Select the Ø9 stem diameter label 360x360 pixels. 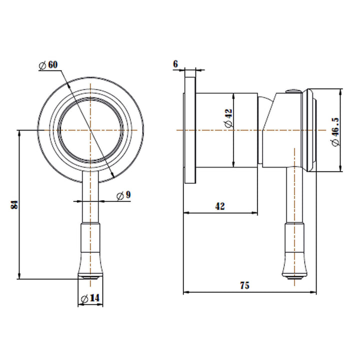[x=123, y=195]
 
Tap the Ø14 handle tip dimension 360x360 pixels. [x=90, y=298]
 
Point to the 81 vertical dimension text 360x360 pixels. [x=14, y=204]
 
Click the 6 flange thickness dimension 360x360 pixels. [x=175, y=64]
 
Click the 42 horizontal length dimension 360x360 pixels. [x=219, y=206]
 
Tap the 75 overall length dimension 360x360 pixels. [x=244, y=285]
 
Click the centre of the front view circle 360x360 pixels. [x=90, y=130]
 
